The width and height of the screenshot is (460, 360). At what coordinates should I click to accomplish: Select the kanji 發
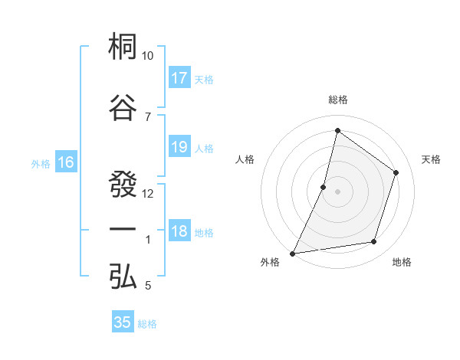(123, 184)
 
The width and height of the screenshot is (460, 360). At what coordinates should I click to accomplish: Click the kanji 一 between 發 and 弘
(123, 231)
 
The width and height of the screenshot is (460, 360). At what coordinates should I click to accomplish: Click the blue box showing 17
(179, 78)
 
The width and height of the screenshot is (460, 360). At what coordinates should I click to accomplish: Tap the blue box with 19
(179, 147)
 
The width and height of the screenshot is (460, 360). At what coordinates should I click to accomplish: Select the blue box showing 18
(179, 231)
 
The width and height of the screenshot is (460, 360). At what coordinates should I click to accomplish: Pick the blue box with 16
(65, 162)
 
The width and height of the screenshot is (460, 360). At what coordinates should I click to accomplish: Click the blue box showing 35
(123, 322)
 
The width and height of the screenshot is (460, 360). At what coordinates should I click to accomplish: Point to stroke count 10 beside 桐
(148, 56)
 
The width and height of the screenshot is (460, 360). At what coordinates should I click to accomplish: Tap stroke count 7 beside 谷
(147, 116)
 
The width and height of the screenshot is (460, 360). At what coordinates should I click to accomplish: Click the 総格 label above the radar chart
(337, 100)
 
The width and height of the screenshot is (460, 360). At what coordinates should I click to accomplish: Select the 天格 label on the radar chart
(431, 159)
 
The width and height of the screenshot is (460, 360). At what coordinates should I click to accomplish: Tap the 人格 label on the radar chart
(245, 159)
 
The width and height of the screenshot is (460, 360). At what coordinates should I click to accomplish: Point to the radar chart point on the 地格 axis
(374, 242)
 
